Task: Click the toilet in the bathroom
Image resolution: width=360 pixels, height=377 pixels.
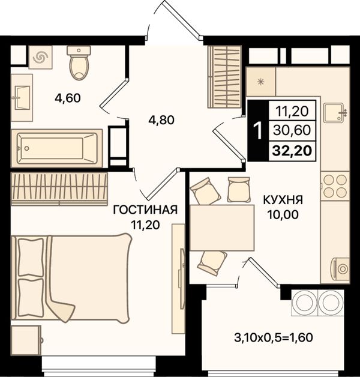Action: point(79,62)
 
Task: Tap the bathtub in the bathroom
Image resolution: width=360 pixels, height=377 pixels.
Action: point(57,148)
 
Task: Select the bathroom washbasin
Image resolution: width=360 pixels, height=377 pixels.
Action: point(22,98)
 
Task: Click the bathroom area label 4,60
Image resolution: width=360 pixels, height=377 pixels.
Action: point(68,98)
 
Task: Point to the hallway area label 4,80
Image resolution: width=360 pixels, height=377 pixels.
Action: point(161,120)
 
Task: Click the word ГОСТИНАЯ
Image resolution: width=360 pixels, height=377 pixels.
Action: point(145,210)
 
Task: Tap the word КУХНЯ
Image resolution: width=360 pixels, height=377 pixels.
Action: point(283,200)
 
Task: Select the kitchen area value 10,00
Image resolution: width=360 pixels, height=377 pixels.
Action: point(283,215)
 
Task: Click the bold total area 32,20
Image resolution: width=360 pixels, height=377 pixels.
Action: point(292,151)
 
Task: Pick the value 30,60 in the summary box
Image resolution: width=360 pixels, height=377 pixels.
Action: point(292,130)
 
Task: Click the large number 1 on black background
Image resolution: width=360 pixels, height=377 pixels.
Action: point(259,130)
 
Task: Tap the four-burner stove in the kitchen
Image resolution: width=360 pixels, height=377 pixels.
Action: point(335,186)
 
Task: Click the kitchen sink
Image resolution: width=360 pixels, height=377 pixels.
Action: point(335,113)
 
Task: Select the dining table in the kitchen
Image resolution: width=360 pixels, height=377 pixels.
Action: point(222,228)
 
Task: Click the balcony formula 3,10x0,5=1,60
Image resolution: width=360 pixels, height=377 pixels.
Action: point(273,337)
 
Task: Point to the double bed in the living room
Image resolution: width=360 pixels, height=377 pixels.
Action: point(71,278)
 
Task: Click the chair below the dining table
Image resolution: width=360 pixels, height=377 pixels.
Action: point(212,263)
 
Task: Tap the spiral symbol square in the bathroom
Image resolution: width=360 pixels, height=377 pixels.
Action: point(40,58)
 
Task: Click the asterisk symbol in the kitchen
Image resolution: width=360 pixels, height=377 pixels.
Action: point(260,82)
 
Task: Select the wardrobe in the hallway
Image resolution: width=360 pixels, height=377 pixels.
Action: point(224,77)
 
